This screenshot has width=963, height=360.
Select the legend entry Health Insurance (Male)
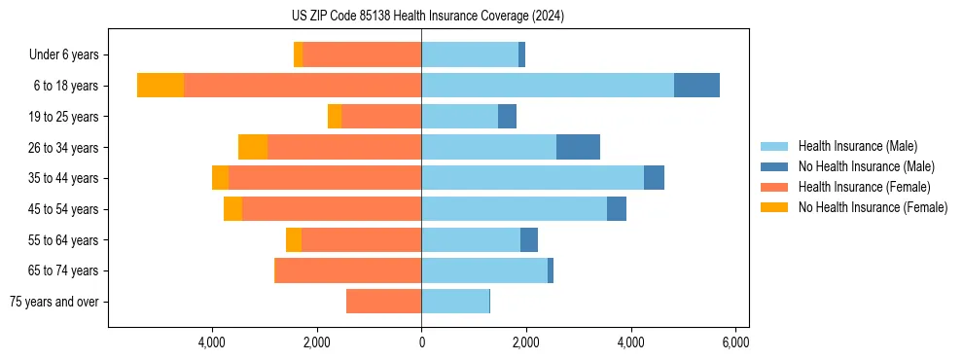[x=857, y=146]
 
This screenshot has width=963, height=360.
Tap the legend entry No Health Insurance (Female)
[x=873, y=207]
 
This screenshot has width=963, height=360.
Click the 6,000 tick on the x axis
[x=735, y=342]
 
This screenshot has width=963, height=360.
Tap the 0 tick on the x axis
[x=421, y=342]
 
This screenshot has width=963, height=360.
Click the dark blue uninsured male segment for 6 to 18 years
[x=696, y=86]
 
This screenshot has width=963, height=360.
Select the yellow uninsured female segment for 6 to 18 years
[x=160, y=86]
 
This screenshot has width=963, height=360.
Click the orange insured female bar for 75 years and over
[x=383, y=302]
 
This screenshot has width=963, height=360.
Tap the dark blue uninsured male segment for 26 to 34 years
[x=578, y=147]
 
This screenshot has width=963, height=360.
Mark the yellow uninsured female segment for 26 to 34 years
[x=253, y=147]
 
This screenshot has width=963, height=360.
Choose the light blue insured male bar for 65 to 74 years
[x=484, y=270]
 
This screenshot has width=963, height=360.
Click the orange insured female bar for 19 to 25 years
[x=381, y=117]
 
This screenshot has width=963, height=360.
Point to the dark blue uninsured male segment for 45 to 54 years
[x=617, y=209]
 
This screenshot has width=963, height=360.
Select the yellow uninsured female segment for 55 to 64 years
[x=294, y=239]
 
